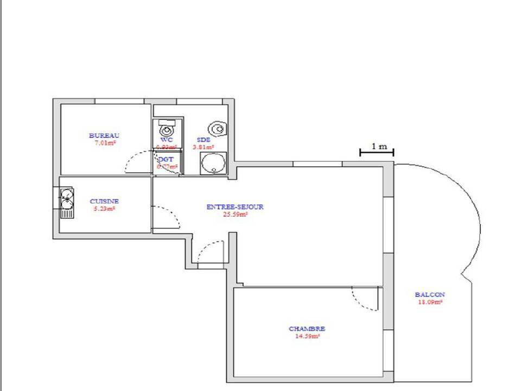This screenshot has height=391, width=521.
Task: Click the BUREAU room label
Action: point(104,136)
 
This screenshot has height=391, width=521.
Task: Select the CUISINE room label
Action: point(104,201)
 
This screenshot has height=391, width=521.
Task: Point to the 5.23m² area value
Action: point(104,208)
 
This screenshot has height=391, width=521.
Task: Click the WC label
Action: point(166,140)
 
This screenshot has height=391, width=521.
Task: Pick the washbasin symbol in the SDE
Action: point(218,129)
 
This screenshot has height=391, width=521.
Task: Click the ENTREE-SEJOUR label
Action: point(235,207)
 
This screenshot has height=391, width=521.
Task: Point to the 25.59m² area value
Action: point(235,214)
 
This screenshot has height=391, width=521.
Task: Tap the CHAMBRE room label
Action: point(307,329)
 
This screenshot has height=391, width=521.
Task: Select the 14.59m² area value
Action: point(307,336)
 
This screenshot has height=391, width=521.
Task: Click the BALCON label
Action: point(429,295)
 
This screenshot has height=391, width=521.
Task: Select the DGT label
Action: point(166,159)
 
